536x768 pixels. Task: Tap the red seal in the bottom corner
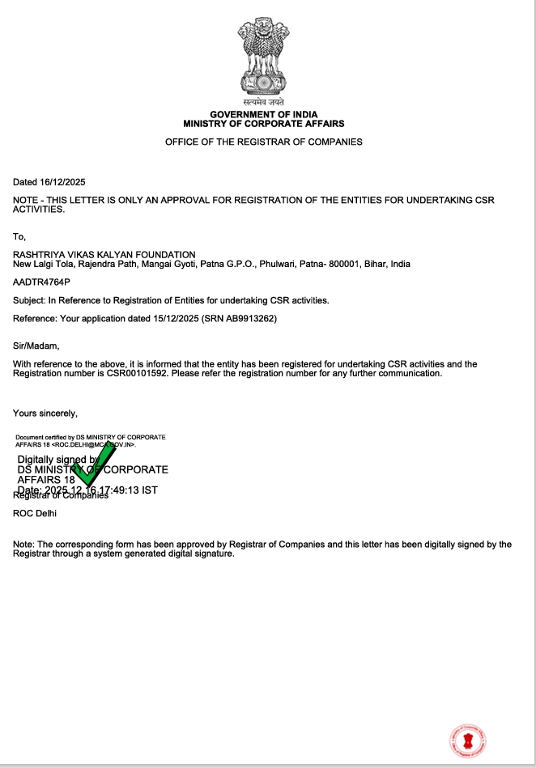click(x=467, y=739)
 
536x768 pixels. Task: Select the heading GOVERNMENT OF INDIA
click(x=264, y=115)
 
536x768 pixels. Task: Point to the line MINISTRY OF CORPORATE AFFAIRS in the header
click(x=264, y=124)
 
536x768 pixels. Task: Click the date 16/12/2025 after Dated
click(x=62, y=181)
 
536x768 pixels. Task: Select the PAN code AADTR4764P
click(x=41, y=282)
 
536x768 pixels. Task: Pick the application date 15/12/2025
click(x=175, y=319)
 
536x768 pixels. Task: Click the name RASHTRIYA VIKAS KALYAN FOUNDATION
click(x=104, y=255)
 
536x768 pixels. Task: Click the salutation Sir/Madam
click(x=36, y=346)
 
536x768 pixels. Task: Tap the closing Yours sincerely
click(x=45, y=414)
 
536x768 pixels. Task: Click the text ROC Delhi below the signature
click(x=35, y=512)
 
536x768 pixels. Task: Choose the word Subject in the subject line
click(x=28, y=300)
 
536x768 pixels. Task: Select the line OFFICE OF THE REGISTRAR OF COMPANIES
click(x=264, y=142)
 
